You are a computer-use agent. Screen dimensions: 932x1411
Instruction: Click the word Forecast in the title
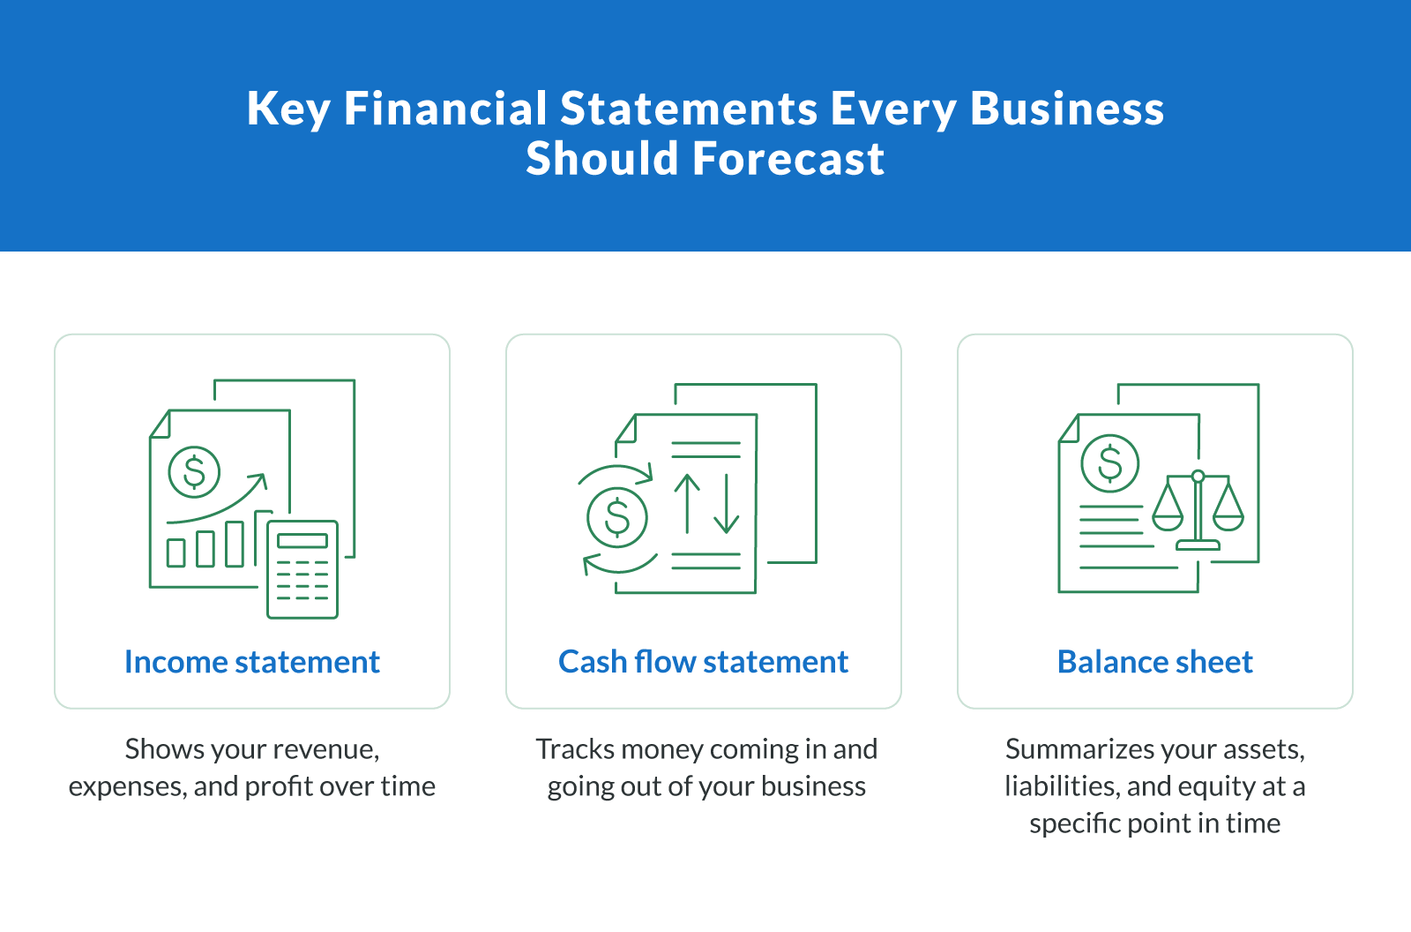tap(788, 159)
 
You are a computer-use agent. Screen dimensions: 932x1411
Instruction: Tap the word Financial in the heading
tap(445, 109)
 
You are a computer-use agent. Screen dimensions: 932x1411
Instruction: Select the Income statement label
tap(252, 662)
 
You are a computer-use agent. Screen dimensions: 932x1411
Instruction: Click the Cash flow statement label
tap(703, 662)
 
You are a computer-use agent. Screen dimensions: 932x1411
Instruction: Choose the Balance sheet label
tap(1154, 662)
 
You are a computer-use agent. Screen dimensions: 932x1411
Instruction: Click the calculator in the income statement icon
tap(302, 569)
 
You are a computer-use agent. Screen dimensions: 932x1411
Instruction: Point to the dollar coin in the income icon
tap(194, 471)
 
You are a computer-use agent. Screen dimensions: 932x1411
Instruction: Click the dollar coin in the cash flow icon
tap(617, 517)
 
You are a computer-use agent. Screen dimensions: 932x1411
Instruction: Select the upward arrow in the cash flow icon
tap(687, 503)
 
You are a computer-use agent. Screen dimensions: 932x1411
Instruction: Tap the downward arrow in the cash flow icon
tap(726, 503)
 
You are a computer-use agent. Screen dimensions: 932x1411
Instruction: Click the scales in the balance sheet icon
tap(1198, 510)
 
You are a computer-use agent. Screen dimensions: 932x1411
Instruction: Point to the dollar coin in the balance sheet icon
tap(1110, 463)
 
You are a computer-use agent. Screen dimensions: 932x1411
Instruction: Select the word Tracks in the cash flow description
tap(575, 749)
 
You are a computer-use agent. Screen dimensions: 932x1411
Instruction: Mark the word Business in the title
tap(1067, 109)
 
